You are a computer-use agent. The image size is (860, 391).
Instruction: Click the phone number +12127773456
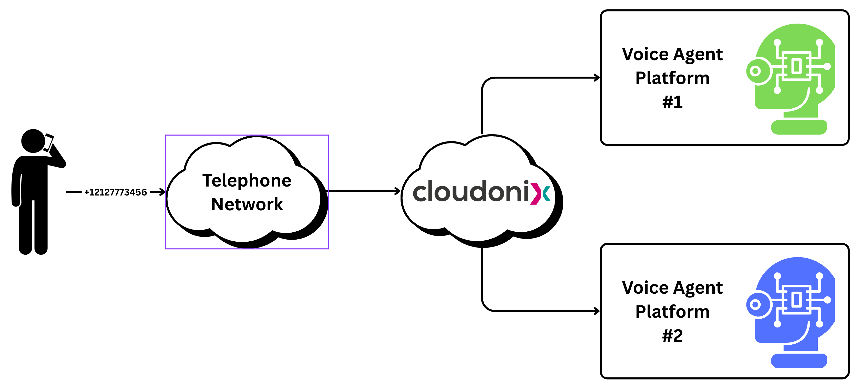[116, 192]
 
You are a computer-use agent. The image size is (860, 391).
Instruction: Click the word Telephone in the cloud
[247, 181]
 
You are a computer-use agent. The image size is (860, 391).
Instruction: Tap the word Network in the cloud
[247, 204]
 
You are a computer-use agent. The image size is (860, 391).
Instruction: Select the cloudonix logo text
[471, 192]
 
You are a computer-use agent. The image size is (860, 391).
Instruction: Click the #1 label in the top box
[672, 102]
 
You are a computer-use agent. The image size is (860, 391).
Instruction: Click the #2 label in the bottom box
[672, 336]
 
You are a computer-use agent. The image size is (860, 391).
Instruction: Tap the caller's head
[33, 141]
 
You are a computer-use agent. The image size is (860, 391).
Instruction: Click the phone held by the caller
[49, 142]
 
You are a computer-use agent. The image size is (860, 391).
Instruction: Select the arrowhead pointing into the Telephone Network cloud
[162, 192]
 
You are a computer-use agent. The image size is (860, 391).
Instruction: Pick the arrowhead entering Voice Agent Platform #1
[597, 78]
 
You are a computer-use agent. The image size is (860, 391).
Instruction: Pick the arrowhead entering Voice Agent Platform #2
[597, 311]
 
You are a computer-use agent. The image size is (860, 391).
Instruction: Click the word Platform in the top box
[672, 78]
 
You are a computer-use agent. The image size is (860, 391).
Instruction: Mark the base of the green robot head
[799, 127]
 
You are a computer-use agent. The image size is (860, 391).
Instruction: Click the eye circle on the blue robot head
[755, 304]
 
